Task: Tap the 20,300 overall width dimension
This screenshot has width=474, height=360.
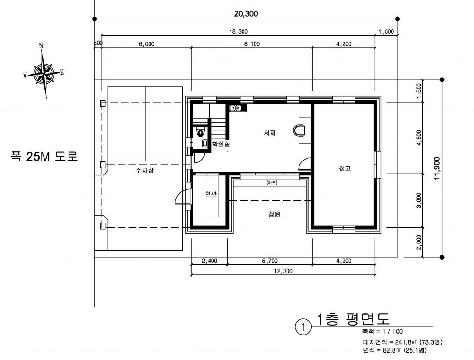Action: pyautogui.click(x=246, y=13)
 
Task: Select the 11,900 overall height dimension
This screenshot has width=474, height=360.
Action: pyautogui.click(x=437, y=169)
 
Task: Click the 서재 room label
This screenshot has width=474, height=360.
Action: pyautogui.click(x=270, y=133)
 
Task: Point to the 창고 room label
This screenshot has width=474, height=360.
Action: pyautogui.click(x=344, y=168)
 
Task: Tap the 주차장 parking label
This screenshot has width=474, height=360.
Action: pyautogui.click(x=144, y=170)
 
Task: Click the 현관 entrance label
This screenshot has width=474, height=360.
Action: pyautogui.click(x=211, y=194)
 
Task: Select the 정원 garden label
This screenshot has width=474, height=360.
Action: pyautogui.click(x=274, y=214)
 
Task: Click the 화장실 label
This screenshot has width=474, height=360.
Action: pyautogui.click(x=221, y=144)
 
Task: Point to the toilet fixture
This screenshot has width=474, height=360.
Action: pyautogui.click(x=200, y=131)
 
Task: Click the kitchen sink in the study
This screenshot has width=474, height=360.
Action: pyautogui.click(x=238, y=108)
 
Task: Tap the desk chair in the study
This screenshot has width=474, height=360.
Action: pyautogui.click(x=299, y=130)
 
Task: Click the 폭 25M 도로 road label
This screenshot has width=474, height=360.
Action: pyautogui.click(x=44, y=156)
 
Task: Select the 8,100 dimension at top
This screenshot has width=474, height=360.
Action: pyautogui.click(x=252, y=44)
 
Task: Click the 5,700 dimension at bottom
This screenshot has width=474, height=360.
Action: pyautogui.click(x=270, y=261)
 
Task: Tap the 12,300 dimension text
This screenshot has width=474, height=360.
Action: pyautogui.click(x=283, y=271)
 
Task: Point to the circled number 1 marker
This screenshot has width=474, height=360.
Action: pyautogui.click(x=303, y=327)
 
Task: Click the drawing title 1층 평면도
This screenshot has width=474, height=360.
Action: pyautogui.click(x=353, y=319)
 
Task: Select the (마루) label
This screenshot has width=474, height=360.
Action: pyautogui.click(x=272, y=183)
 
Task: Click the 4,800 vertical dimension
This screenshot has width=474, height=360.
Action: pyautogui.click(x=418, y=138)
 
